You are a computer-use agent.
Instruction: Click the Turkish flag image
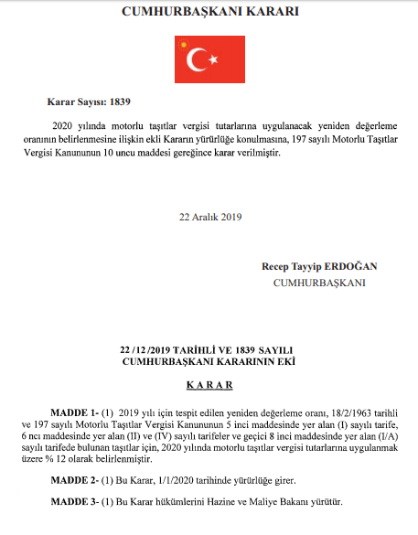[x=209, y=59]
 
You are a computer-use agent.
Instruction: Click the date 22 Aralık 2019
[x=209, y=217]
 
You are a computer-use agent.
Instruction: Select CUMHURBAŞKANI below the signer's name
[x=319, y=283]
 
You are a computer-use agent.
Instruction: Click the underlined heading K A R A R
[x=209, y=387]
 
